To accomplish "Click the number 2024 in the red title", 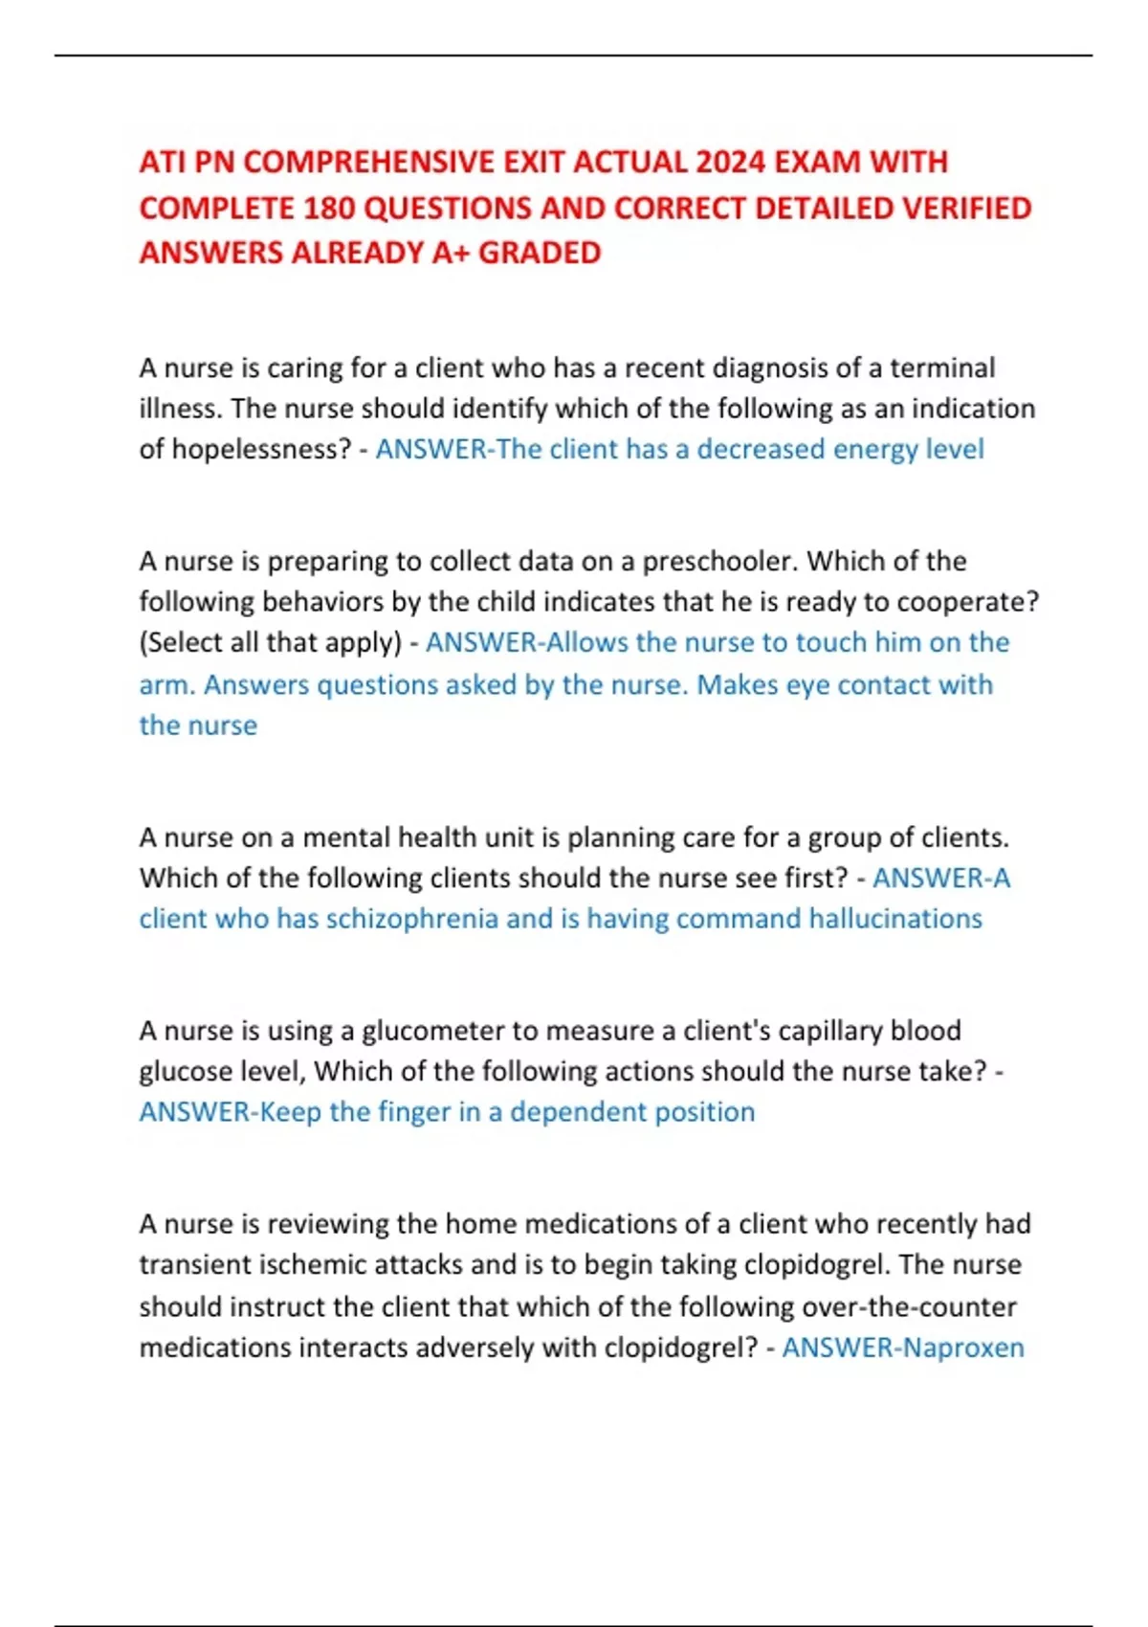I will pos(730,162).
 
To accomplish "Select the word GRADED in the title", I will pos(540,253).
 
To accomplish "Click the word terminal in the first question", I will pos(942,368).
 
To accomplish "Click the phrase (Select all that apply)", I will pos(271,642).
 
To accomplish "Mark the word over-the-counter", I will pos(909,1306).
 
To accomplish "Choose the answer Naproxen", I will pos(963,1348).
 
